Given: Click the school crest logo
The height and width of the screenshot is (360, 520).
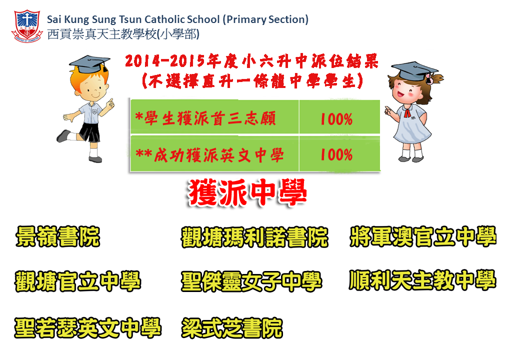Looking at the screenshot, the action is click(27, 26).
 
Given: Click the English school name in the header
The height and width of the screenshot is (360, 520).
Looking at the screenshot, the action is click(178, 19).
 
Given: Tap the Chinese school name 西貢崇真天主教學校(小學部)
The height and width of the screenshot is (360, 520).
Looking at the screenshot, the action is click(123, 34).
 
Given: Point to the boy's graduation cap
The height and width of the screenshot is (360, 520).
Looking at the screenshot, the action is click(89, 63).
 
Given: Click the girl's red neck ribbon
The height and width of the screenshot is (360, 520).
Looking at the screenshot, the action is click(407, 113).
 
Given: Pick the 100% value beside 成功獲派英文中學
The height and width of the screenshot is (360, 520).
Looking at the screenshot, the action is click(336, 155).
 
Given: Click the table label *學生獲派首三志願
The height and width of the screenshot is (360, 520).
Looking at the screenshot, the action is click(205, 118).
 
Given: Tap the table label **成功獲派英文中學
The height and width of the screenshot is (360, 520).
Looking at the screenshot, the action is click(209, 155).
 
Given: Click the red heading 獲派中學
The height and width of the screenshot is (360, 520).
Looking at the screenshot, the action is click(247, 192).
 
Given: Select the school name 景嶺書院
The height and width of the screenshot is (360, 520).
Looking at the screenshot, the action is click(57, 236).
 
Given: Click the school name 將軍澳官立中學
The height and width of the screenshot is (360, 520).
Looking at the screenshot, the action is click(423, 236).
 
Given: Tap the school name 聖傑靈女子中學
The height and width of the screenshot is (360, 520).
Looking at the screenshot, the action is click(251, 281).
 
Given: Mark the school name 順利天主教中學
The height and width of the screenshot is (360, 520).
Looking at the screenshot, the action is click(422, 280).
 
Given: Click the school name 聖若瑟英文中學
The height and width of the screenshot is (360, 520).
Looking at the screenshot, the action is click(88, 328).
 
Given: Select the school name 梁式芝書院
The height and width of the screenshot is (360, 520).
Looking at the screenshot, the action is click(232, 328).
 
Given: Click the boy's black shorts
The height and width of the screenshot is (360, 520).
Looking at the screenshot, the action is click(89, 132).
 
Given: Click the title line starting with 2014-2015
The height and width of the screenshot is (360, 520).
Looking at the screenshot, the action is click(252, 61).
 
